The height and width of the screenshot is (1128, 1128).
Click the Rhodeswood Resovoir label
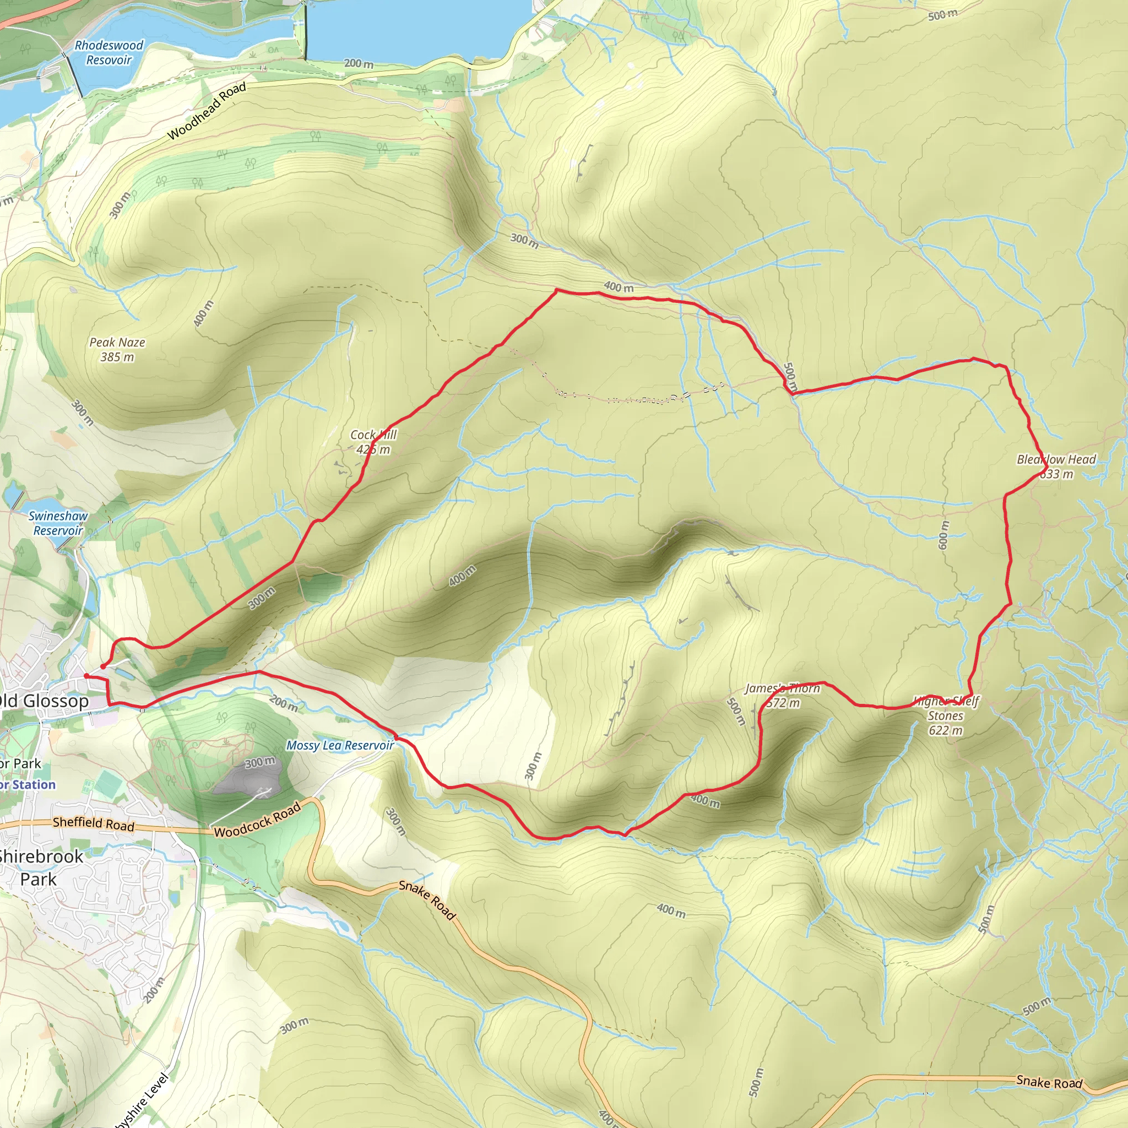coord(109,52)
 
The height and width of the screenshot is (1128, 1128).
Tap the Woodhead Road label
coord(207,111)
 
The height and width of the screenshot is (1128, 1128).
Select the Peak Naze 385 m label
coord(117,350)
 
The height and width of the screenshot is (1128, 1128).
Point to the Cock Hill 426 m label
coord(373,442)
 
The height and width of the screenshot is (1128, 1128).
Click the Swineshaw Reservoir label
coord(58,523)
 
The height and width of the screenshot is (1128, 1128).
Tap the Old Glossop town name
coord(45,701)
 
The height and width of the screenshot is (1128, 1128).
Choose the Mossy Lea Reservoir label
coord(340,746)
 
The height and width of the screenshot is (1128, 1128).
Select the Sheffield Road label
coord(94,824)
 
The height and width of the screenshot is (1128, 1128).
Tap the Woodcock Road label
coord(257,820)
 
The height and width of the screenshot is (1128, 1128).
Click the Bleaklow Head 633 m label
coord(1056,467)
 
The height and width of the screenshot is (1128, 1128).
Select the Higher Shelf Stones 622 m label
coord(945,716)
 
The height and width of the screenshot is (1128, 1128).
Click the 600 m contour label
coord(943,535)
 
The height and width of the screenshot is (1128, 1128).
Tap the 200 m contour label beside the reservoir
coord(358,63)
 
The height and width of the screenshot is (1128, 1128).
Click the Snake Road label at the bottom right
coord(1049,1082)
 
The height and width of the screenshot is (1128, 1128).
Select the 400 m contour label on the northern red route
coord(618,288)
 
